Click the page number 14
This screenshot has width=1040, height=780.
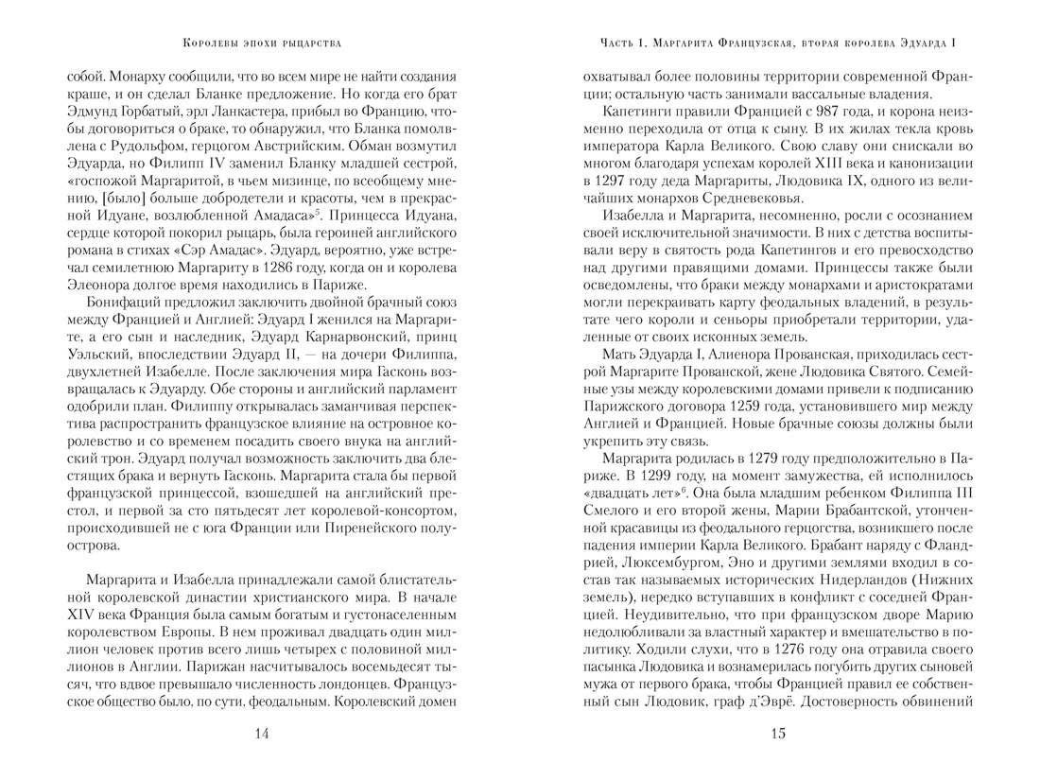pos(262,734)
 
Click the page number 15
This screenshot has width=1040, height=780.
pos(778,734)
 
